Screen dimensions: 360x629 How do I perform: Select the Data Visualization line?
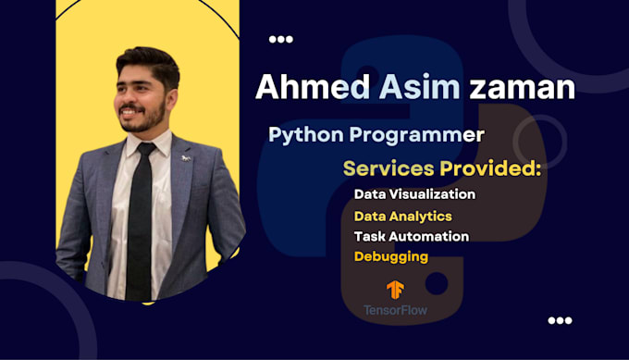point(414,194)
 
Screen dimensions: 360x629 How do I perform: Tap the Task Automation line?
point(411,236)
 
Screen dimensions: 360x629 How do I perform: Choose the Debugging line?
point(390,256)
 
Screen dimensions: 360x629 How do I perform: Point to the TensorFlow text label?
point(395,309)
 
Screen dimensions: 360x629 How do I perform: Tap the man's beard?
point(148,117)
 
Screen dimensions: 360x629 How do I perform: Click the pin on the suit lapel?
point(186,158)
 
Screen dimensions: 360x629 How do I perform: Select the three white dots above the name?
point(280,40)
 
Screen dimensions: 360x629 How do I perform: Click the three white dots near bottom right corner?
point(560,320)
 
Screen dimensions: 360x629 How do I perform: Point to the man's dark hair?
point(148,63)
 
